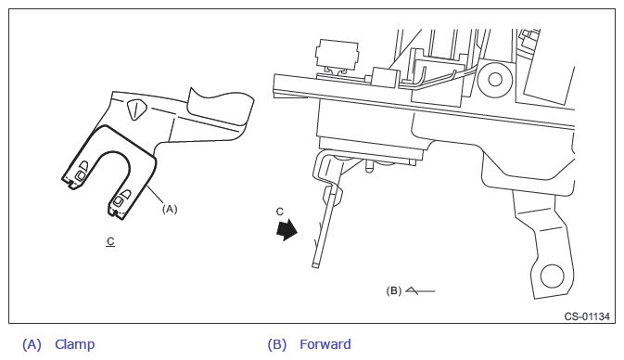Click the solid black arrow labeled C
[x=287, y=230]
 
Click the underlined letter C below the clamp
[x=110, y=241]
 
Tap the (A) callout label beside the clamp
[x=170, y=209]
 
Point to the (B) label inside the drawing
[x=393, y=290]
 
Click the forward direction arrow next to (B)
[x=420, y=291]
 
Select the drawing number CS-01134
[x=587, y=316]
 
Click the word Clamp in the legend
[x=75, y=344]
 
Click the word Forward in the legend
[x=325, y=344]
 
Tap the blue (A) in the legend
[x=32, y=344]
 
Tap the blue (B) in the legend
[x=277, y=344]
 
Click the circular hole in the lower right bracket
[x=553, y=276]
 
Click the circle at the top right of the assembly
[x=495, y=79]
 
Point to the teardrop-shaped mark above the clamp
[x=136, y=109]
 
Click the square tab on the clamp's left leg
[x=80, y=174]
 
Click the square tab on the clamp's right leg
[x=118, y=200]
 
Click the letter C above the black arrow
[x=280, y=212]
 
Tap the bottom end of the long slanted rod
[x=315, y=264]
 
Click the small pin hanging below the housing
[x=369, y=165]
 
